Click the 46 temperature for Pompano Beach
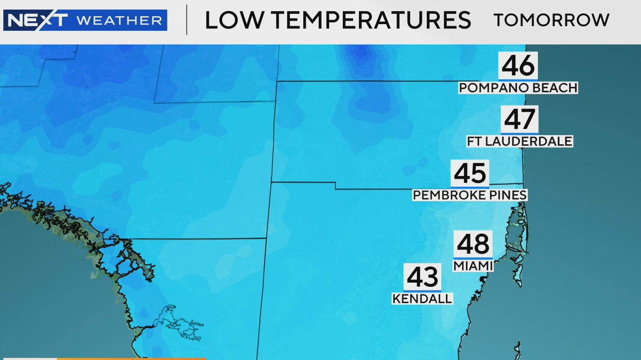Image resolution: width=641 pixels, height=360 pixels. point(518,66)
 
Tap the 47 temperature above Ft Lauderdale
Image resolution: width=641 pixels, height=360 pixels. point(520,119)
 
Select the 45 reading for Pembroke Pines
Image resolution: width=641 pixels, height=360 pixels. point(470,173)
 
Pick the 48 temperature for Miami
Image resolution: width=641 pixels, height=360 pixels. point(473,244)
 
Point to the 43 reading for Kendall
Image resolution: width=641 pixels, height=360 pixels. point(423,277)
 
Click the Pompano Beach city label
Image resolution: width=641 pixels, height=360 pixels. point(518,88)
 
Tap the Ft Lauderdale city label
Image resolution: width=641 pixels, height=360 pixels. point(520,141)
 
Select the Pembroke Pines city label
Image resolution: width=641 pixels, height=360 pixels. point(470,195)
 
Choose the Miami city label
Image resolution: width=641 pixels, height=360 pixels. point(473,266)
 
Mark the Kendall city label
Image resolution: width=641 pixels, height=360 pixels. point(422,298)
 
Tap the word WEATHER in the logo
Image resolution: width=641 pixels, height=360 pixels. point(119,20)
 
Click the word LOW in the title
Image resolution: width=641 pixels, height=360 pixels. point(234,20)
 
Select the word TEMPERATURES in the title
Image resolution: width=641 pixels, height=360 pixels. point(371,20)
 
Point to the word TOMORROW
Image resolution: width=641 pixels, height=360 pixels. point(552,20)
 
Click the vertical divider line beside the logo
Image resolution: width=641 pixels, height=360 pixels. point(187,20)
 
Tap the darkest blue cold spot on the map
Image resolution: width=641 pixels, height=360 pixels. point(361,53)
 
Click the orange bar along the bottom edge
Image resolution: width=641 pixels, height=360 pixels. point(131,358)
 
